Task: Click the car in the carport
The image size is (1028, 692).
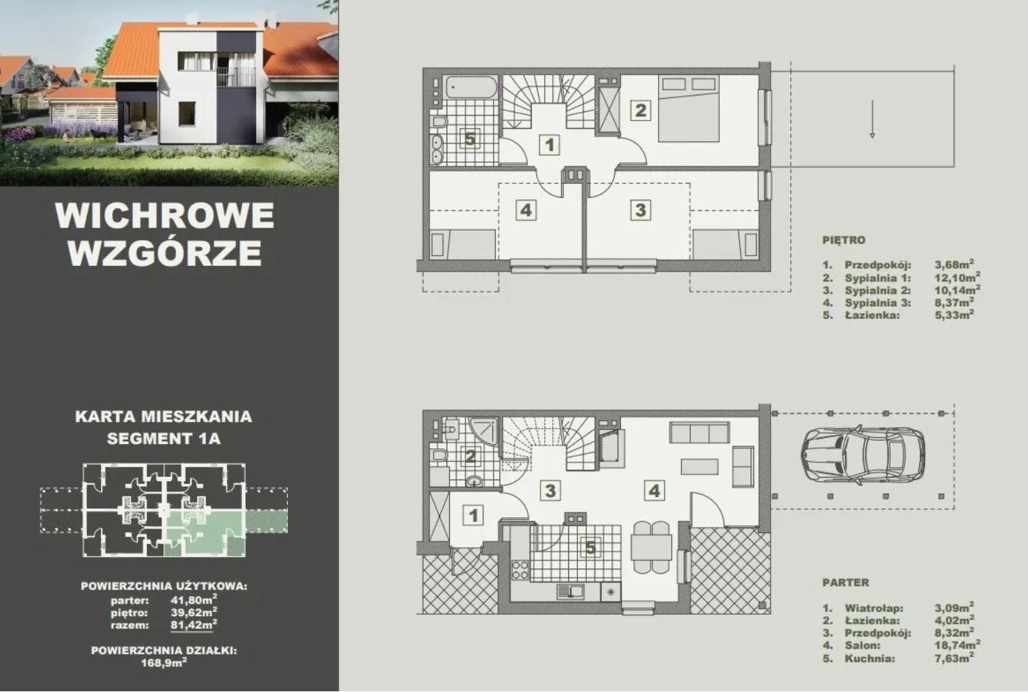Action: coord(862,453)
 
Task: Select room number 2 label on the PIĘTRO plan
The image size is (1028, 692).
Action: coord(641,110)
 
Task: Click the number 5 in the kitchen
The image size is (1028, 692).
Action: coord(591,548)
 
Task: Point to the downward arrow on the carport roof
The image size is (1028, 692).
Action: coord(872,119)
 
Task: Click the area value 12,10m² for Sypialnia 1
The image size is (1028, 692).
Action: coord(958,278)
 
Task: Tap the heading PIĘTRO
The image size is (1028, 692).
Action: coord(844,240)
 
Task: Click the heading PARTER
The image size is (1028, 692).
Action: coord(846,583)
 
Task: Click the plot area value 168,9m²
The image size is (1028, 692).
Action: coord(164,663)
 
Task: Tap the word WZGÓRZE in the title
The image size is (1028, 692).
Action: coord(166,252)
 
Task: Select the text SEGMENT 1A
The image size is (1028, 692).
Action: coord(164,439)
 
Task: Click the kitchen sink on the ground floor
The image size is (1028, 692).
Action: coord(570,592)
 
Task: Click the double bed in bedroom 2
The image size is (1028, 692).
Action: coord(688,109)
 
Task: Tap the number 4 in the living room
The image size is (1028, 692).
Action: coord(654,490)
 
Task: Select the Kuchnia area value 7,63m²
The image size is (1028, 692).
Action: coord(954,658)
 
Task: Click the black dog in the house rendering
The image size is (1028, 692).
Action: coord(97,134)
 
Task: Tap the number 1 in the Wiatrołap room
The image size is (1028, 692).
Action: coord(474,515)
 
